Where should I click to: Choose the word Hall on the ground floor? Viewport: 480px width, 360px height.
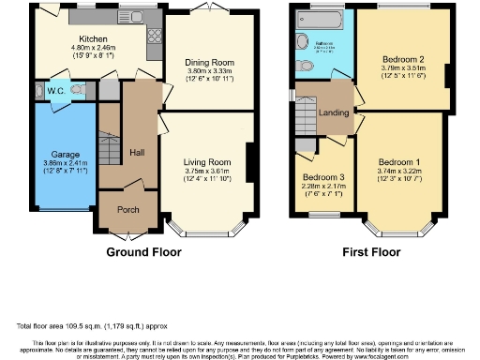click(x=137, y=150)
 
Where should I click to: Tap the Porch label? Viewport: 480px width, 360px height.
click(x=127, y=209)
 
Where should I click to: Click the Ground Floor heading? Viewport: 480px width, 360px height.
click(x=143, y=251)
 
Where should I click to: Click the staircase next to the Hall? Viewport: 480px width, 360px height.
click(x=111, y=141)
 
